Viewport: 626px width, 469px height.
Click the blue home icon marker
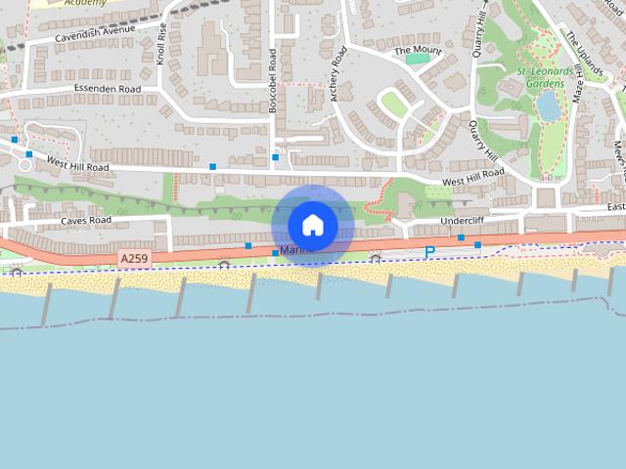(x=312, y=226)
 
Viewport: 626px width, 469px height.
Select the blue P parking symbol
(x=428, y=253)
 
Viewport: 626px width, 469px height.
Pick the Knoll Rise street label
(x=161, y=44)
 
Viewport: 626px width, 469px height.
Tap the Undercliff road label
(x=462, y=221)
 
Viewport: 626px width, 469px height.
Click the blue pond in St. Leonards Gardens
(x=549, y=106)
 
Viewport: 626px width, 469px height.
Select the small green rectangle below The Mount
(x=417, y=60)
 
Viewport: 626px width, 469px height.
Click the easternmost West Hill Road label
(x=472, y=177)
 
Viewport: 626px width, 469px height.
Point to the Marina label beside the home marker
(x=292, y=251)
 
